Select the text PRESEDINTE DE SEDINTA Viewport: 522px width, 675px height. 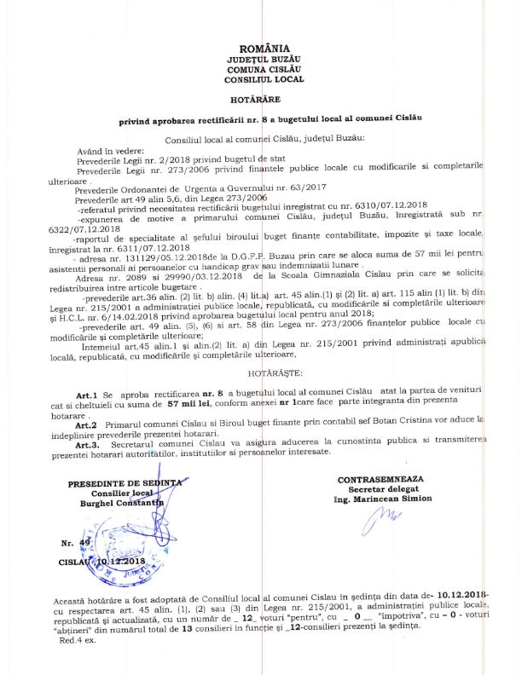135,483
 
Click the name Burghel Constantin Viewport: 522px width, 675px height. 135,504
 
